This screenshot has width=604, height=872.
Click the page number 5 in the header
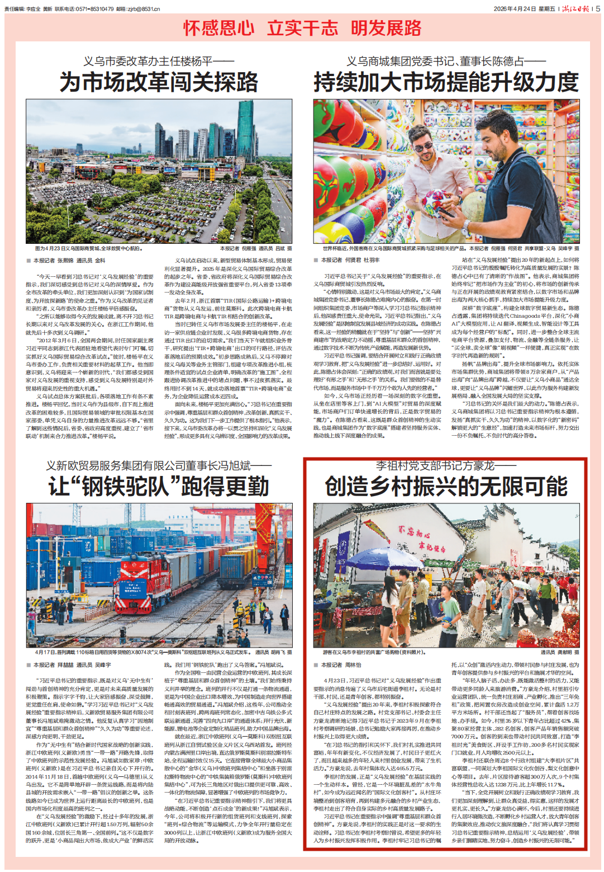pyautogui.click(x=598, y=8)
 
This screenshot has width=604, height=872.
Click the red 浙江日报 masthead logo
pyautogui.click(x=576, y=8)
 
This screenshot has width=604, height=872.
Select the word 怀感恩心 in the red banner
pyautogui.click(x=218, y=28)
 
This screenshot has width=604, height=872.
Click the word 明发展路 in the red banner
pyautogui.click(x=386, y=28)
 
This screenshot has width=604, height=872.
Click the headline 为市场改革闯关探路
pyautogui.click(x=159, y=82)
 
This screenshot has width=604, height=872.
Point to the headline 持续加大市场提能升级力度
pyautogui.click(x=446, y=82)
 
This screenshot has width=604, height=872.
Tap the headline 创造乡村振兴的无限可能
pyautogui.click(x=446, y=487)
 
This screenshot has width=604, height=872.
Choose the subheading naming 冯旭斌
pyautogui.click(x=159, y=465)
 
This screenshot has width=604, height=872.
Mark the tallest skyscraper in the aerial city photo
pyautogui.click(x=246, y=129)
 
